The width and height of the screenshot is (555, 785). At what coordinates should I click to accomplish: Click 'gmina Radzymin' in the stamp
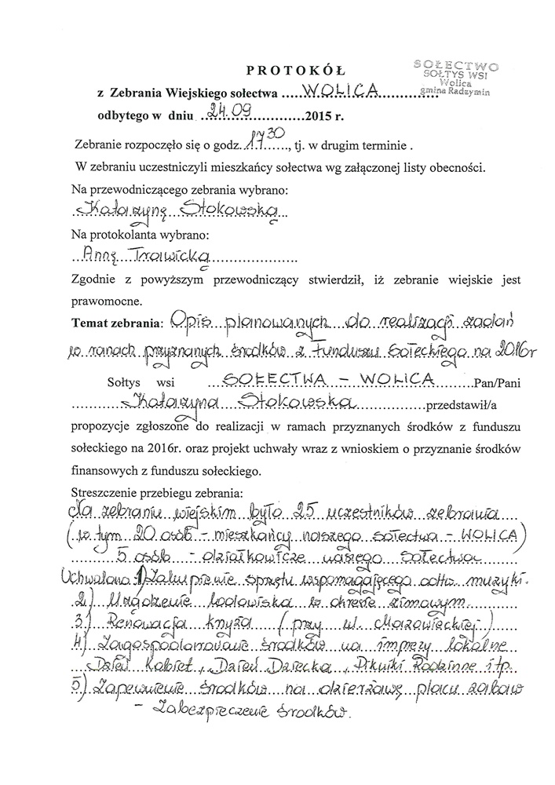pos(456,91)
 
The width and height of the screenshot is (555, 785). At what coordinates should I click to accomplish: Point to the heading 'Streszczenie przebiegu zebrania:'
pos(157,493)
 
